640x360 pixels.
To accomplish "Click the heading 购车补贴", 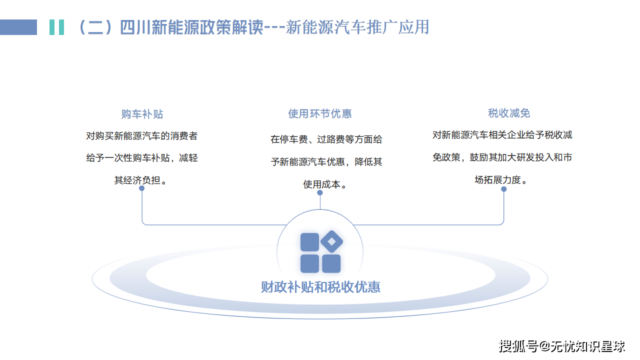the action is pos(142,114).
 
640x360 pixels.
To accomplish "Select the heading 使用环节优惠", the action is pos(320,113).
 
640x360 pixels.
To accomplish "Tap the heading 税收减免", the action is pos(509,113).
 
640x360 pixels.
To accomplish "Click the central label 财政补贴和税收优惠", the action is pos(320,287).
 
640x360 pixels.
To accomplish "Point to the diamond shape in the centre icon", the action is pos(331,242).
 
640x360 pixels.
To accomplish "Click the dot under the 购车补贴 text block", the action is pos(142,188).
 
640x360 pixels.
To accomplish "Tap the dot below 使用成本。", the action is pos(320,192).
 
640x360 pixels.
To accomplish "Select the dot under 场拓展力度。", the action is pos(503,189).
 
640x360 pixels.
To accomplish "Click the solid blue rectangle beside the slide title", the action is pos(18,27).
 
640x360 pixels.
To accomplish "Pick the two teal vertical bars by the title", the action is pos(56,27).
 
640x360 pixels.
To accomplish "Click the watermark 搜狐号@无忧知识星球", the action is pos(562,345).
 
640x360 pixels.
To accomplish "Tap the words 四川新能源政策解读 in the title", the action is pos(191,27).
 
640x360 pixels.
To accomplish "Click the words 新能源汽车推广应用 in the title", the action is pos(357,27).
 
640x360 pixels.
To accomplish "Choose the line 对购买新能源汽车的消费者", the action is pos(142,135).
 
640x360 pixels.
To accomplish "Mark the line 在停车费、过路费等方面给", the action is pos(326,139).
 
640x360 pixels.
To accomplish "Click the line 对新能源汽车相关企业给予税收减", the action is pos(502,134).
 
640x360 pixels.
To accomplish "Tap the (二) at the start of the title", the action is pos(95,27).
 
